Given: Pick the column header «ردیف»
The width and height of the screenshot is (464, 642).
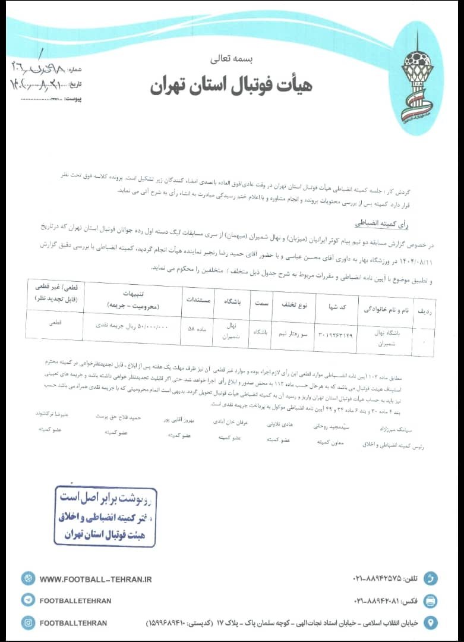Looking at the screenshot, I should tap(426, 311).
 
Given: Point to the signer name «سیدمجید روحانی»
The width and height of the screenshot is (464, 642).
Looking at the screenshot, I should tap(334, 426).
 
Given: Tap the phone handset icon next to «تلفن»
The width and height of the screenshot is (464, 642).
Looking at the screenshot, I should tap(431, 578).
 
